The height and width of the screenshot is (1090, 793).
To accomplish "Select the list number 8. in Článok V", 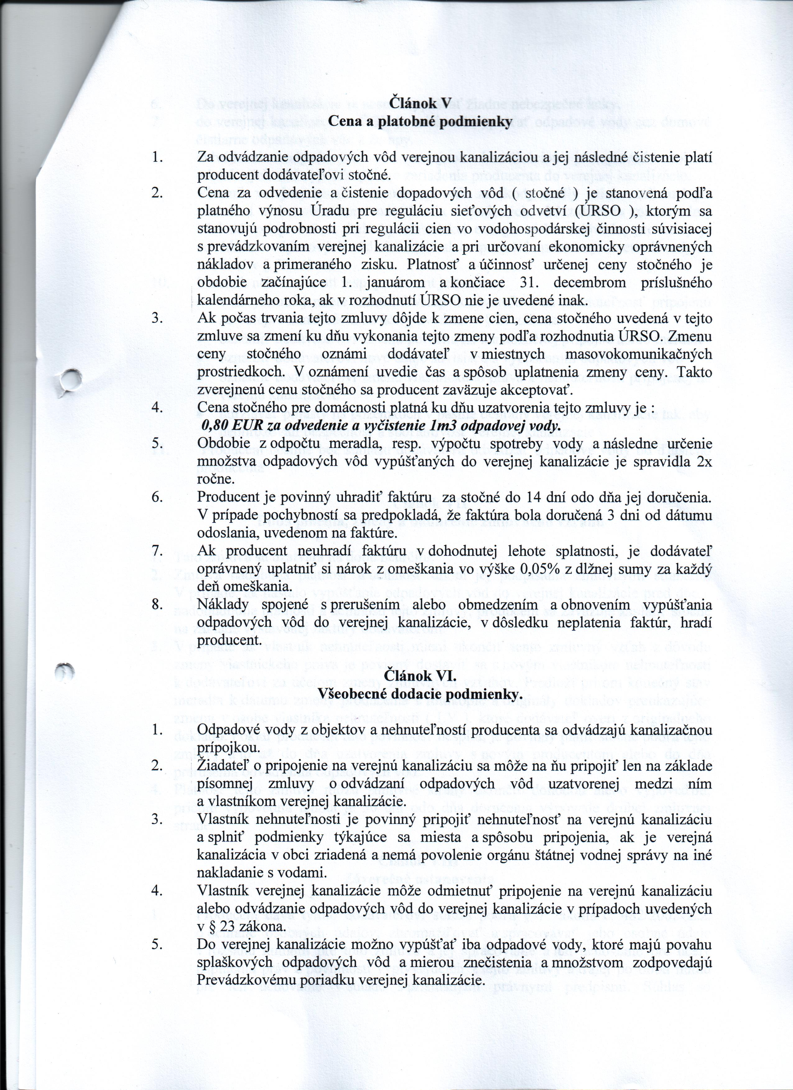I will [x=157, y=605].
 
